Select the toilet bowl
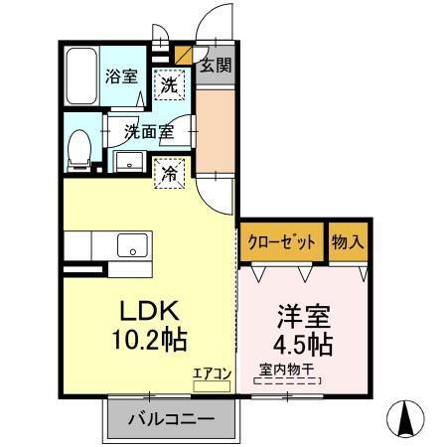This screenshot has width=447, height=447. pos(79,148)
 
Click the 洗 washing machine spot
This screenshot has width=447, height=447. pos(170,86)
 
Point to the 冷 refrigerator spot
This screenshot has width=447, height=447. pos(170,172)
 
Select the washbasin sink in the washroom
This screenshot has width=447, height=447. pos(127,162)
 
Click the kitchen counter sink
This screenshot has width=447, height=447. pos(130,244)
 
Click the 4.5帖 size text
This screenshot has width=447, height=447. pos(303,346)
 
